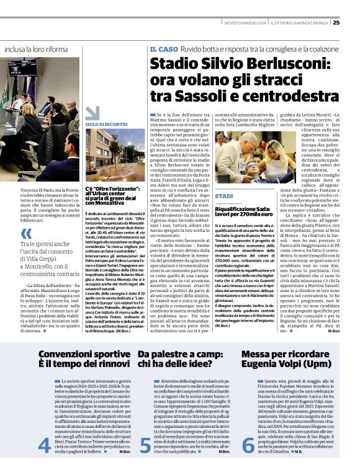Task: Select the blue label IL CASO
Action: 162,48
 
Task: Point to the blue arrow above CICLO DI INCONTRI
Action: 92,112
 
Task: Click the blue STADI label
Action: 224,196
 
